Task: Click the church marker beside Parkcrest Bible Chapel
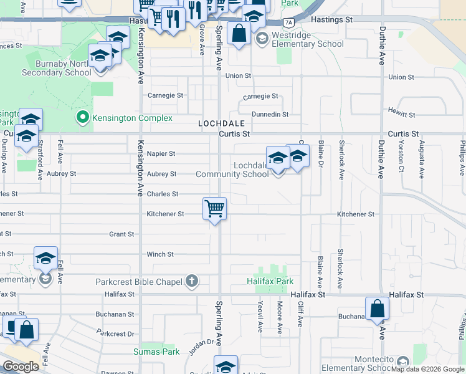(191, 282)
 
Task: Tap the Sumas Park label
(156, 352)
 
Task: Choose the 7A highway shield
(288, 22)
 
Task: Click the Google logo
(21, 367)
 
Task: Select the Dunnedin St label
(270, 114)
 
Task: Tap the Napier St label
(161, 153)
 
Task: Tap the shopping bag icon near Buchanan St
(377, 308)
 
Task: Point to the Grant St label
(121, 234)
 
